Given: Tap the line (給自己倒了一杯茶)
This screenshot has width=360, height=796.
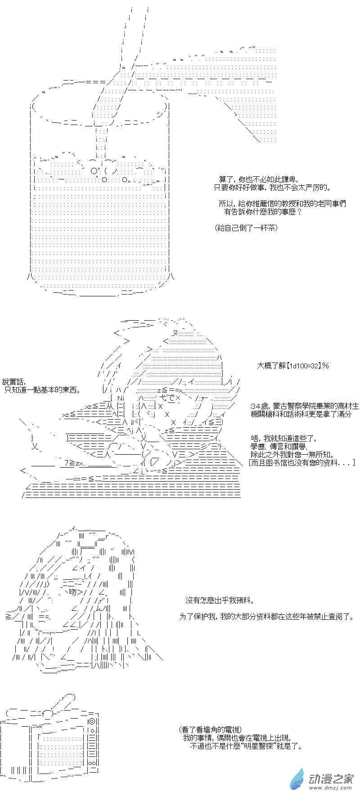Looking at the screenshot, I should point(246,228).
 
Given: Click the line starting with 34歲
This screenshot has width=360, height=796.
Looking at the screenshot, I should point(305,407).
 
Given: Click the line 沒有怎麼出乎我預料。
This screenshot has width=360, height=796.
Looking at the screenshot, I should point(220,600).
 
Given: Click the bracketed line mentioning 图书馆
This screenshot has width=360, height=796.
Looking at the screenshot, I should point(301,463).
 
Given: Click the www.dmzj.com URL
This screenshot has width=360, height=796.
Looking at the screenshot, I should point(331,788).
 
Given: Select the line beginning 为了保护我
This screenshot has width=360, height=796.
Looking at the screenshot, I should point(266,617).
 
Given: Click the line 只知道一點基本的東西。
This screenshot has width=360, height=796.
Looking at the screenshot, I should point(43,390).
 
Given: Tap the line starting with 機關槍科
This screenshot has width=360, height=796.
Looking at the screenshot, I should point(301,414).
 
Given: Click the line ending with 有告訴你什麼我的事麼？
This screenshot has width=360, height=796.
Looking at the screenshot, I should point(263,211).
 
